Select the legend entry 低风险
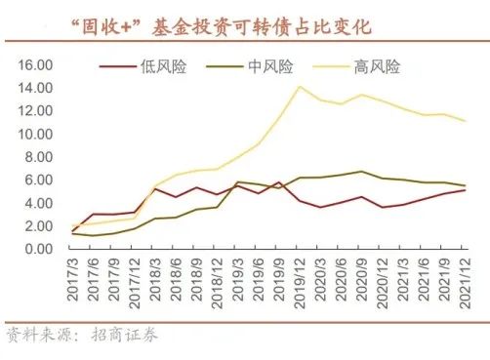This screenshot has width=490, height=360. coord(163,67)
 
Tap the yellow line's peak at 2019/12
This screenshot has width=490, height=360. coord(298,87)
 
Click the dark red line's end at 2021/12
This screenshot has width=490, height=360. coord(466,190)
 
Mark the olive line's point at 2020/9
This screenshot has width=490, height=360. coord(361,172)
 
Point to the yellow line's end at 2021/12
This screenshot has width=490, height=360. coord(466,121)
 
